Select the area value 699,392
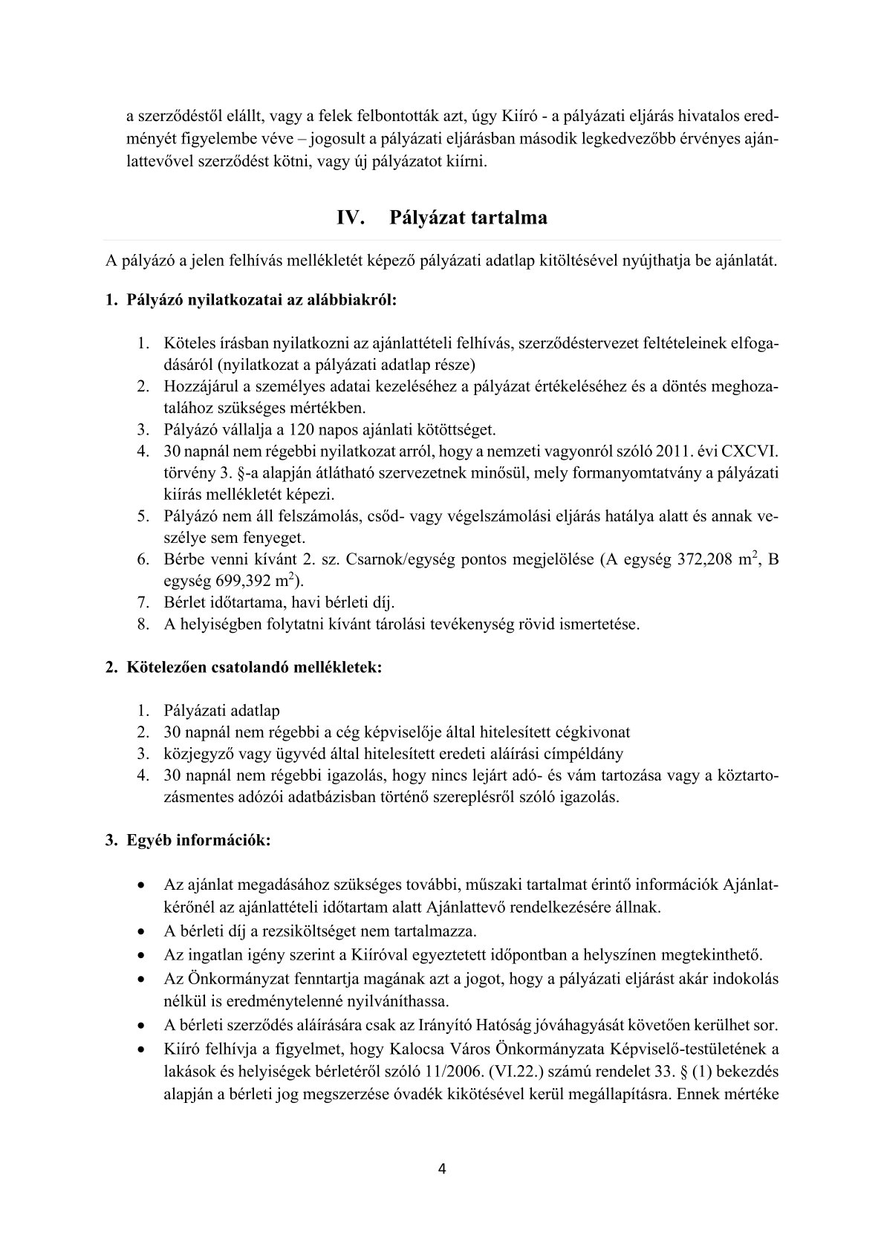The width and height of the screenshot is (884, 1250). (x=232, y=582)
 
